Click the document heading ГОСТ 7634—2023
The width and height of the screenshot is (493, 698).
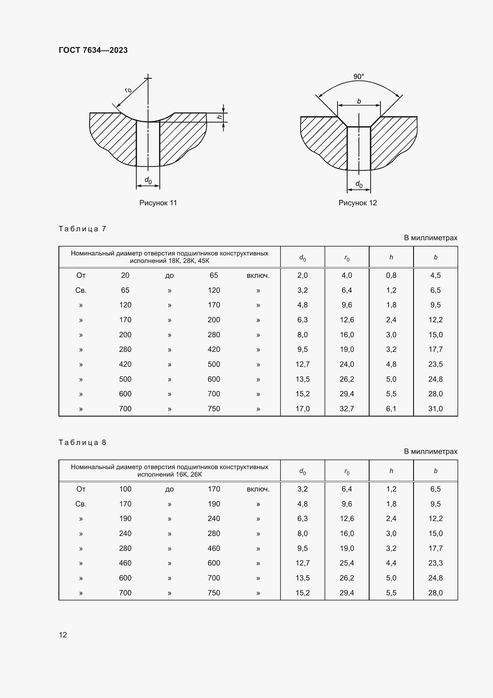[93, 50]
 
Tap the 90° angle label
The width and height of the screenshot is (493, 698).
[359, 77]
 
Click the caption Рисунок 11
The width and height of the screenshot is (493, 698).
[158, 203]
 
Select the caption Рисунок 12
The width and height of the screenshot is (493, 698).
[358, 203]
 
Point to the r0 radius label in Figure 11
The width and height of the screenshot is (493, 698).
[128, 90]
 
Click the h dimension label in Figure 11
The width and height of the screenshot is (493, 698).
[220, 117]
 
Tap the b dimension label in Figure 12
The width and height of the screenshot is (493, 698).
[359, 101]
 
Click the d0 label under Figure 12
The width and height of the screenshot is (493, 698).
[359, 184]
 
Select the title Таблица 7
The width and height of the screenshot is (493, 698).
[82, 229]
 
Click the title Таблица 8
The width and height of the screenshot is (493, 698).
[82, 442]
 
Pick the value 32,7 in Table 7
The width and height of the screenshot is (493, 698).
[347, 409]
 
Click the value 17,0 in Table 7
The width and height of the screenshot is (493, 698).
[302, 409]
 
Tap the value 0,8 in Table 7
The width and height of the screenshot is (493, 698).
[391, 275]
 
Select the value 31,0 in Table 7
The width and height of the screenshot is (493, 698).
[435, 409]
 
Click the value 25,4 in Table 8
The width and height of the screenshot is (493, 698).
[347, 563]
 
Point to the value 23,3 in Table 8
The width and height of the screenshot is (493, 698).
[435, 563]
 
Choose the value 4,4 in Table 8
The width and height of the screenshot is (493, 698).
[391, 563]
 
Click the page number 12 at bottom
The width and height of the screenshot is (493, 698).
[63, 635]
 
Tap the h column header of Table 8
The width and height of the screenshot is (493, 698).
[391, 471]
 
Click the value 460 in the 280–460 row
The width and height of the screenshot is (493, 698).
[214, 548]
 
